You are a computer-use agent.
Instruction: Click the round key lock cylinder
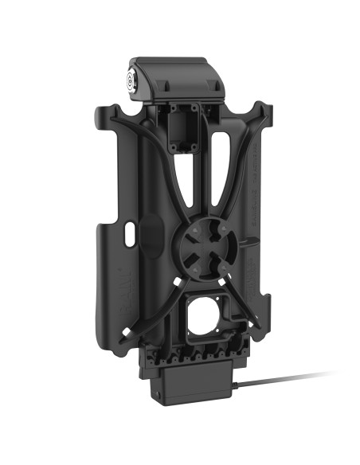(131, 81)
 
